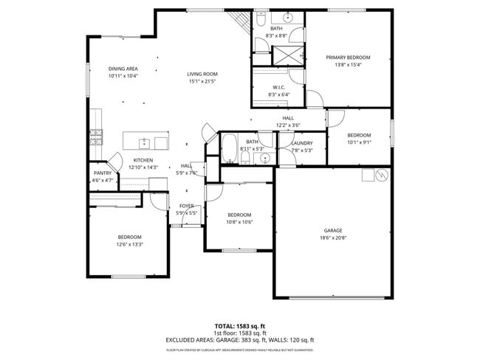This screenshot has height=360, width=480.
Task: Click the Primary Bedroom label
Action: [x=348, y=57]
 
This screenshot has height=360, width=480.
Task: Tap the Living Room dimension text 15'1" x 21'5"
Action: [x=201, y=81]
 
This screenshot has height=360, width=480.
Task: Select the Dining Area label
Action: [x=123, y=68]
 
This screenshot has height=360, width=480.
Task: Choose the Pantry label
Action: [x=103, y=173]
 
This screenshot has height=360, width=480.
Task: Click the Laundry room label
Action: [x=302, y=143]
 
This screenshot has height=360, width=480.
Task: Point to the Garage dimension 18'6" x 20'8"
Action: [x=332, y=238]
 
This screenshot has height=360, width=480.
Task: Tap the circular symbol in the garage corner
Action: [x=382, y=175]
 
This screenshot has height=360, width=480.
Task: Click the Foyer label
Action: [x=187, y=206]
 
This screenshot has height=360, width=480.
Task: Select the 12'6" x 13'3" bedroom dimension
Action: [x=128, y=244]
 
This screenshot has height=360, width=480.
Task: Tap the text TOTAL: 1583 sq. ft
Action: [x=239, y=325]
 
